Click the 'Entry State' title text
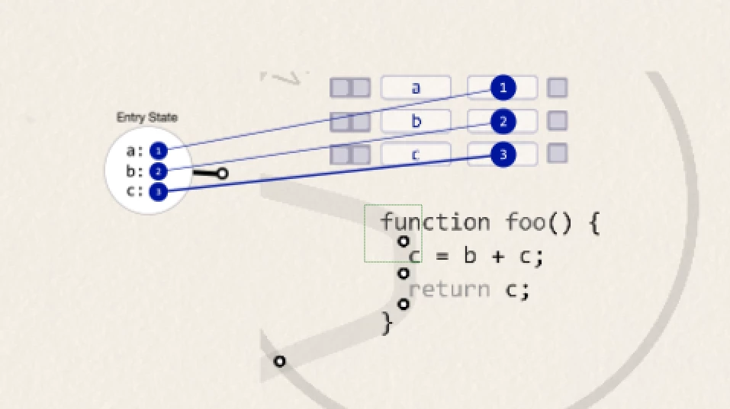point(146,118)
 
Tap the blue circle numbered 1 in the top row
point(503,88)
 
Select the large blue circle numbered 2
point(503,121)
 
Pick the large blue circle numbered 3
point(503,155)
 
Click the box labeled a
point(416,88)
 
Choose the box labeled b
point(416,121)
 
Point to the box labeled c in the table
point(416,155)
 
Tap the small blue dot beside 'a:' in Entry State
point(158,151)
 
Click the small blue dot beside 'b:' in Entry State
point(158,171)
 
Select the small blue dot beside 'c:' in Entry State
point(158,191)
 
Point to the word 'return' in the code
point(449,289)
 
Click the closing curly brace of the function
point(387,323)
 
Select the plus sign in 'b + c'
point(497,257)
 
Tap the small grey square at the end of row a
point(558,88)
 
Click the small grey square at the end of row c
point(558,153)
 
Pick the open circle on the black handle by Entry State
point(222,174)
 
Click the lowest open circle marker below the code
point(279,361)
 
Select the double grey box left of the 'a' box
point(349,88)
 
